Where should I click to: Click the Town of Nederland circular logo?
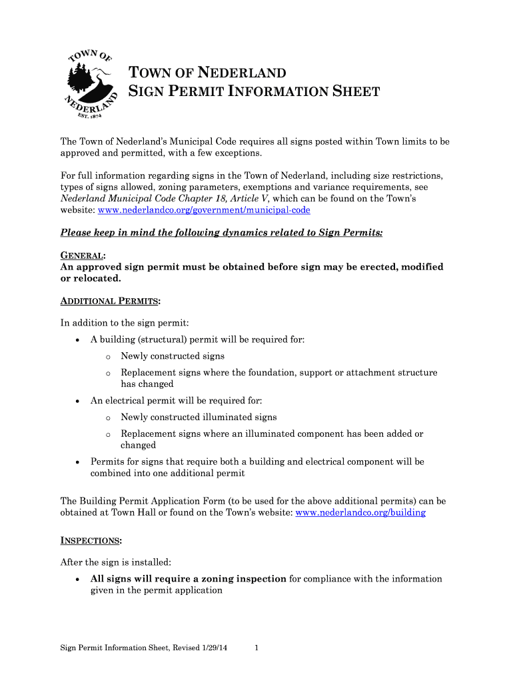(x=92, y=84)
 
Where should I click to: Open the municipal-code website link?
(x=204, y=210)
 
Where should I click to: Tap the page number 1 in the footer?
(x=256, y=648)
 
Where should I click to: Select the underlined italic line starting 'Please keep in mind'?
(x=221, y=233)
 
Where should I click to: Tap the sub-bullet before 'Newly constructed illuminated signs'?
(x=107, y=418)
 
